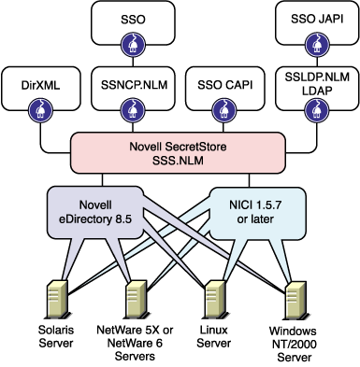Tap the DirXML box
pos(37,86)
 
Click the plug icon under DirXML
pos(37,109)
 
